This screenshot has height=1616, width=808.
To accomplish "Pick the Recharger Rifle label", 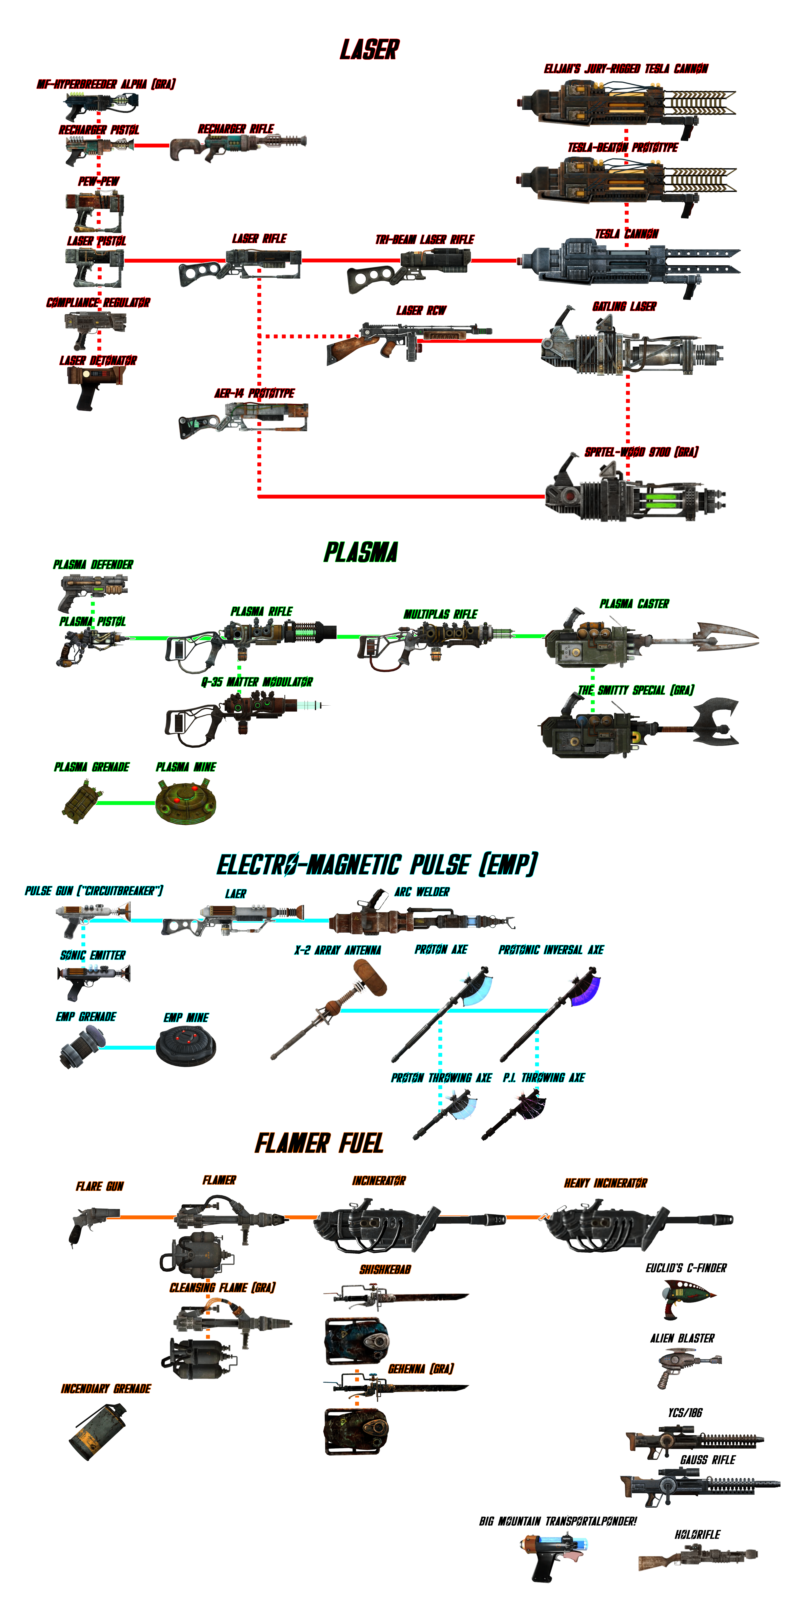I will pos(236,129).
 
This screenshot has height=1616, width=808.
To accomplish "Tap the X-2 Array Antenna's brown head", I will pos(370,977).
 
